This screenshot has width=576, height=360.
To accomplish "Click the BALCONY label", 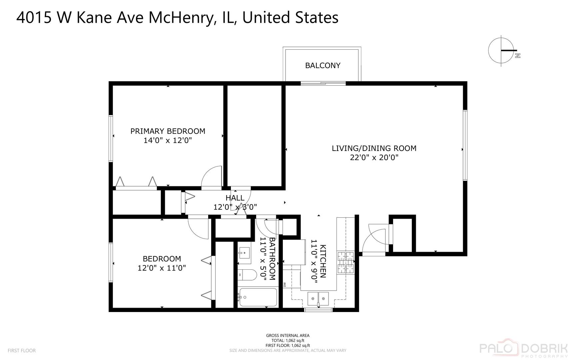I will pyautogui.click(x=322, y=65).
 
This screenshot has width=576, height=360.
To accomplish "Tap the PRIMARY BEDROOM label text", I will pyautogui.click(x=168, y=131).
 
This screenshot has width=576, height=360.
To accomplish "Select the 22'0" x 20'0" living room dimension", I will pyautogui.click(x=374, y=157).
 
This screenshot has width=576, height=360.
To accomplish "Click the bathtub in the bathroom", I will pyautogui.click(x=259, y=297).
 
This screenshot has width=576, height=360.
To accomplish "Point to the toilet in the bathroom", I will pyautogui.click(x=248, y=275).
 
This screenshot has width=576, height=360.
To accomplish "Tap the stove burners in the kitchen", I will pyautogui.click(x=345, y=263).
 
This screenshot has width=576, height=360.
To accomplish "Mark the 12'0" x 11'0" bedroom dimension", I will pyautogui.click(x=162, y=268).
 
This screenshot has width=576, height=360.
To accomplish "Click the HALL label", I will pyautogui.click(x=235, y=198).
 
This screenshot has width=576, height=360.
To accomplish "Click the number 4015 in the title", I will pyautogui.click(x=34, y=17).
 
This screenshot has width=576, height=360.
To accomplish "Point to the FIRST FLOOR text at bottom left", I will pyautogui.click(x=22, y=350).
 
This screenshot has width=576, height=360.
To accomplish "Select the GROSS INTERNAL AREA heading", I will pyautogui.click(x=288, y=335).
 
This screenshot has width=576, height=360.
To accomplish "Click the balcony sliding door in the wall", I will pyautogui.click(x=323, y=83).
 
